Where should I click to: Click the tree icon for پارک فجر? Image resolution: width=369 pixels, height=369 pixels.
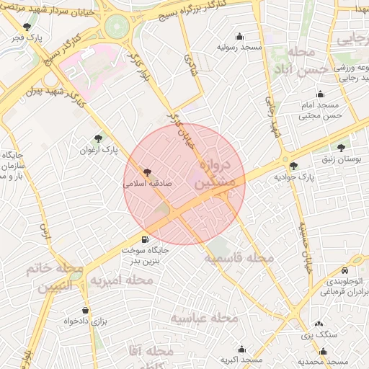27,27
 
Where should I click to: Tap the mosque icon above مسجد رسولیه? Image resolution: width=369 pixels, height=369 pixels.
239,36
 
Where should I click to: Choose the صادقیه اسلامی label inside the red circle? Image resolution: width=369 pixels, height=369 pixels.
148,184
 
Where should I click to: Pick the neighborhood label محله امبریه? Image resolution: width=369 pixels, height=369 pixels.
120,280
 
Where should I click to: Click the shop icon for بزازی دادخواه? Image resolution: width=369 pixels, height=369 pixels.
86,311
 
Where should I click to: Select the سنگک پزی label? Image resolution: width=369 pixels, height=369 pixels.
314,335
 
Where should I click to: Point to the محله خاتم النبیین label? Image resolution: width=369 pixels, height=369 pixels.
51,277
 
